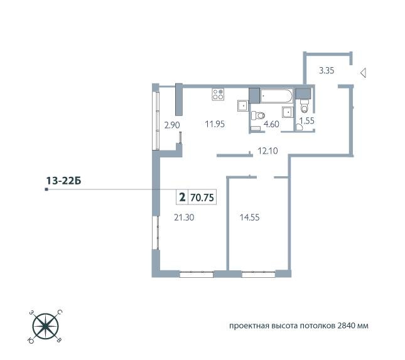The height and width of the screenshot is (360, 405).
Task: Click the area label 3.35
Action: [326, 71]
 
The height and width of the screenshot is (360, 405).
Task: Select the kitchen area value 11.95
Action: [215, 124]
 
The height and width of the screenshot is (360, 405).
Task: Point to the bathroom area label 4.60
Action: [271, 124]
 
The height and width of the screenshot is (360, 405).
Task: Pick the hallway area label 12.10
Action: [267, 151]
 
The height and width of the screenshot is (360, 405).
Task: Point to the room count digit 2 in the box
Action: [182, 197]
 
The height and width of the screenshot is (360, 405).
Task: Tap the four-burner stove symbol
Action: [219, 95]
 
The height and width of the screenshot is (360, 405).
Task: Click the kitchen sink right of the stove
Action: [242, 105]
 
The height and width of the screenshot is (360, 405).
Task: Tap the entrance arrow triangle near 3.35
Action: [363, 74]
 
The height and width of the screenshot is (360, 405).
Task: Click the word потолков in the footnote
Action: [313, 327]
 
